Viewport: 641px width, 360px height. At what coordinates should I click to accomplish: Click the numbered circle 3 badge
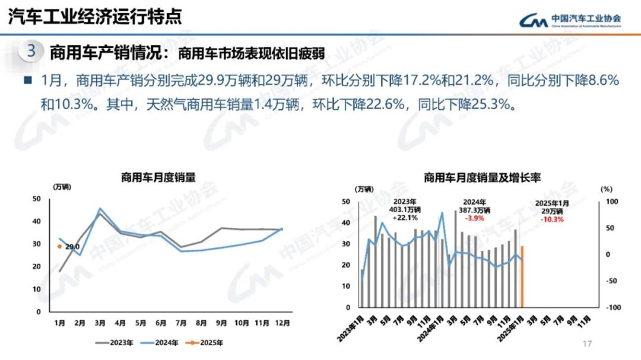point(31,51)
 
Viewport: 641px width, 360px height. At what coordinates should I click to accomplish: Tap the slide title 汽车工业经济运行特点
point(95,17)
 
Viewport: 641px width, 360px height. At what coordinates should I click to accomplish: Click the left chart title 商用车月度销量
point(158,177)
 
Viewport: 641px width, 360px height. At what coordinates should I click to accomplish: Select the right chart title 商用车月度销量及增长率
point(482,177)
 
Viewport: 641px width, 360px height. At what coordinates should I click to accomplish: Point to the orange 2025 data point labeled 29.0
point(59,246)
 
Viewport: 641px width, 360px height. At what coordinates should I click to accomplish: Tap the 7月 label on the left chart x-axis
point(181,323)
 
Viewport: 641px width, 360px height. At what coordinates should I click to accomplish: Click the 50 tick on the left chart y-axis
point(37,199)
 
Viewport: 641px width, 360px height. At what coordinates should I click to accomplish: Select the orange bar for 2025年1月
point(522,277)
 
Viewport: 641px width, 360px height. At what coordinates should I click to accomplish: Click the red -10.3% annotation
point(552,219)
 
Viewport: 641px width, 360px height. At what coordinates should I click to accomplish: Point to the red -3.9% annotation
point(474,218)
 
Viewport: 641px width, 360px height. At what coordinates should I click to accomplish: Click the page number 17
point(588,344)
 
